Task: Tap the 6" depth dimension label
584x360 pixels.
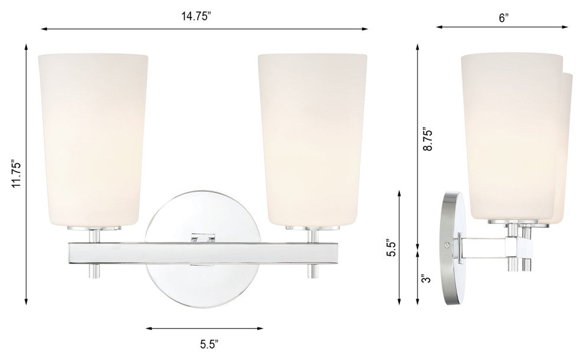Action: pos(503,17)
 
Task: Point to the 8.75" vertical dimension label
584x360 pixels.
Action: pos(428,139)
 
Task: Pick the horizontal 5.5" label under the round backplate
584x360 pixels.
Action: pos(204,342)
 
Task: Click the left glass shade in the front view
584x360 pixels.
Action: pos(93,139)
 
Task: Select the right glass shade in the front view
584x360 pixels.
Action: pos(311,139)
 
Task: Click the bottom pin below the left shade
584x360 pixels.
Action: pos(93,271)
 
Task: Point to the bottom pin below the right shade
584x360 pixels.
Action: pos(312,271)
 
